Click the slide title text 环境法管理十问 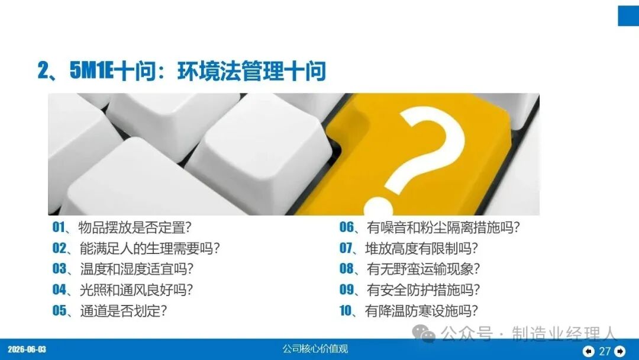click(x=251, y=71)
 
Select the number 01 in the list click(x=59, y=227)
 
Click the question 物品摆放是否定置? click(x=135, y=227)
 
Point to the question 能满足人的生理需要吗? click(x=150, y=248)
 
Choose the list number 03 click(x=60, y=269)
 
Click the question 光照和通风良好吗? click(x=136, y=290)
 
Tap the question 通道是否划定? click(x=124, y=311)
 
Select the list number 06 click(x=347, y=227)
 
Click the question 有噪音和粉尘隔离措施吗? click(x=443, y=227)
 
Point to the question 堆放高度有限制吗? click(x=421, y=248)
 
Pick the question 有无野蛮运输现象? click(x=423, y=269)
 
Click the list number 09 click(x=347, y=290)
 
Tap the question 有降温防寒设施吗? click(x=421, y=311)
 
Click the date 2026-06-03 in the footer click(x=27, y=349)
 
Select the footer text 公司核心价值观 click(x=315, y=349)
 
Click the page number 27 click(x=604, y=351)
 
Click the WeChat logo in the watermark click(x=424, y=333)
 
